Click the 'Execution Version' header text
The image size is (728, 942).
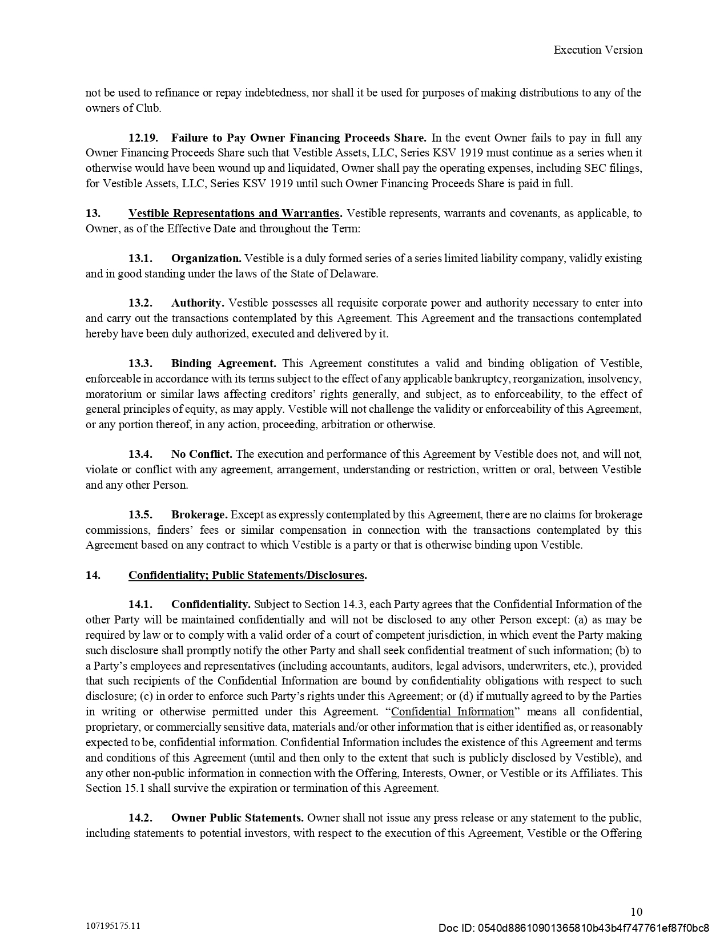point(597,50)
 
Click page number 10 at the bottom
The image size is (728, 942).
point(636,912)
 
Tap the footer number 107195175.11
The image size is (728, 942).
point(113,926)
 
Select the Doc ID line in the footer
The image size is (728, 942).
point(573,927)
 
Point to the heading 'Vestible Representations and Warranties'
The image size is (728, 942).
point(234,214)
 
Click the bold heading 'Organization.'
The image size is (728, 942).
point(206,259)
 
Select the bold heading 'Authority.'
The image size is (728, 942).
point(198,303)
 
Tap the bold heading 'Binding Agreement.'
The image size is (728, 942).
point(223,364)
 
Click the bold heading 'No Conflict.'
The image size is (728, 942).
point(202,454)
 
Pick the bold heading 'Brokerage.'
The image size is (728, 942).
point(199,515)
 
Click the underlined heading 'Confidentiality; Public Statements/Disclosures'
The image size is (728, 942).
point(246,575)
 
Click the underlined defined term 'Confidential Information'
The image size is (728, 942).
point(453,712)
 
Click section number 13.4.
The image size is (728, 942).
point(140,454)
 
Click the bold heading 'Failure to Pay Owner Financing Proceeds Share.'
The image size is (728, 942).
point(299,138)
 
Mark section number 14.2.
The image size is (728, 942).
point(140,818)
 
